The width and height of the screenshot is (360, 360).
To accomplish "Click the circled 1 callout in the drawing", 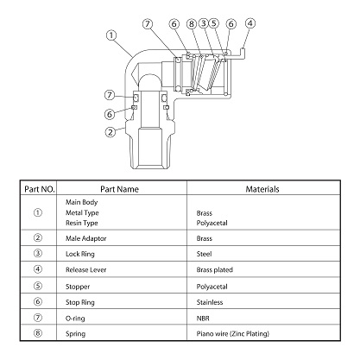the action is pos(111,35).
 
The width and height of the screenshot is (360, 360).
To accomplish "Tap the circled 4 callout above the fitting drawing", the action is pos(250,23).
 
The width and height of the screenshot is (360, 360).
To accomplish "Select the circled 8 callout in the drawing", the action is pos(192,23).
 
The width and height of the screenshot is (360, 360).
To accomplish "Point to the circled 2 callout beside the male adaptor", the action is pos(110,132).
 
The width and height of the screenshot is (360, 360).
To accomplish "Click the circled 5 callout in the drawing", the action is pos(213,23).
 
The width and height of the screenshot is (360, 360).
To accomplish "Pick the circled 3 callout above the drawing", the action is pos(204,23).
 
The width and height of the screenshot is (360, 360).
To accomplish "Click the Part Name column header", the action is pos(119,189).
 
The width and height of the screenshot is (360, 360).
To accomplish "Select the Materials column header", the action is pos(262,189).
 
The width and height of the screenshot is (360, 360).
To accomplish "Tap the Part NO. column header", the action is pos(40,189).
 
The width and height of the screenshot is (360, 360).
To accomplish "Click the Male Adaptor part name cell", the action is pos(85,238).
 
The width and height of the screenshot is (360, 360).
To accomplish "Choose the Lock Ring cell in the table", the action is pos(80,254).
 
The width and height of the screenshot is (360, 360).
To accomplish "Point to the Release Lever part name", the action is pos(85,270).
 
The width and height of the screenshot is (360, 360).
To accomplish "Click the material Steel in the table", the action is pos(204,254).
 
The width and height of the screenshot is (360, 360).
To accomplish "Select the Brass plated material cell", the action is pos(215,270).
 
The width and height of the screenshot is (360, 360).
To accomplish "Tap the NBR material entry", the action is pos(203,319).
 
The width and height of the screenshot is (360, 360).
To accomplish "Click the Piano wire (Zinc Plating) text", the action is pos(233,334).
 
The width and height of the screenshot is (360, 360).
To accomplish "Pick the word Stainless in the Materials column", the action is pos(210,302).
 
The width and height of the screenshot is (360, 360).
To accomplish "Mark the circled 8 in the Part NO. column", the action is pos(38,333).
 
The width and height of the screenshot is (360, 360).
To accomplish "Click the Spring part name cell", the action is pos(75,334).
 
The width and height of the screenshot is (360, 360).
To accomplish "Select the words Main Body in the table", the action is pos(81,202).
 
